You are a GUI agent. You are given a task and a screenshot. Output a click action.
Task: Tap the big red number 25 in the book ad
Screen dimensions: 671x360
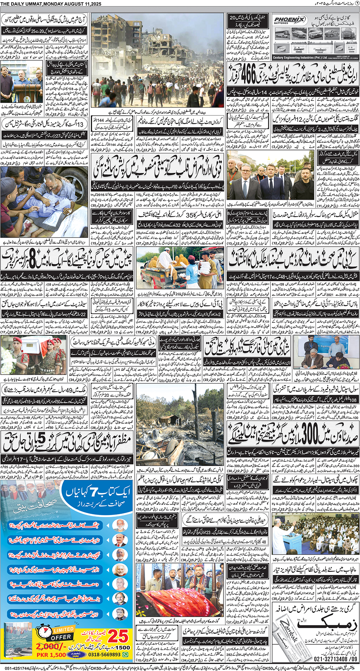(118, 636)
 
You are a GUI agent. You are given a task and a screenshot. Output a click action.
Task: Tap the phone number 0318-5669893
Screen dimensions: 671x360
(105, 655)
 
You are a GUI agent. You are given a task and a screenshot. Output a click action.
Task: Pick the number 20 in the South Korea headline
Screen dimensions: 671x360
(232, 18)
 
